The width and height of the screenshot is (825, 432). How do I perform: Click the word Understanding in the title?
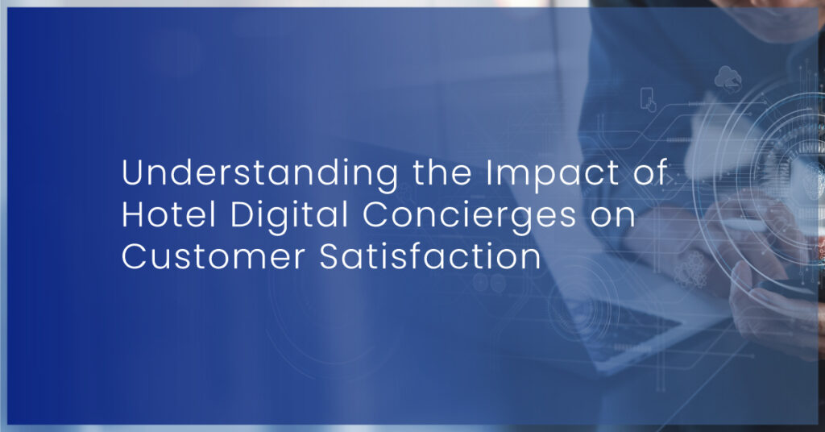coord(260,173)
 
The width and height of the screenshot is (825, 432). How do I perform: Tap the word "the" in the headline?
coord(442,172)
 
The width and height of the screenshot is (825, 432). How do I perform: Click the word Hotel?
coord(169,214)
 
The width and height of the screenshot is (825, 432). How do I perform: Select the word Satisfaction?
coord(430,257)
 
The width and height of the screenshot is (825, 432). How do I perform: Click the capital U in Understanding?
coord(133,172)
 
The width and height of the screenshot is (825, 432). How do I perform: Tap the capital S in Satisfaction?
coord(330,257)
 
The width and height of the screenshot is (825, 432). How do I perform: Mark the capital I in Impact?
coord(488,172)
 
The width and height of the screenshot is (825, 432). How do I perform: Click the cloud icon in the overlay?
coord(728,78)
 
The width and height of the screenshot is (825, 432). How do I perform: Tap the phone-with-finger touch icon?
coord(649,99)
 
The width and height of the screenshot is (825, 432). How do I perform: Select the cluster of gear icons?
coord(690,270)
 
